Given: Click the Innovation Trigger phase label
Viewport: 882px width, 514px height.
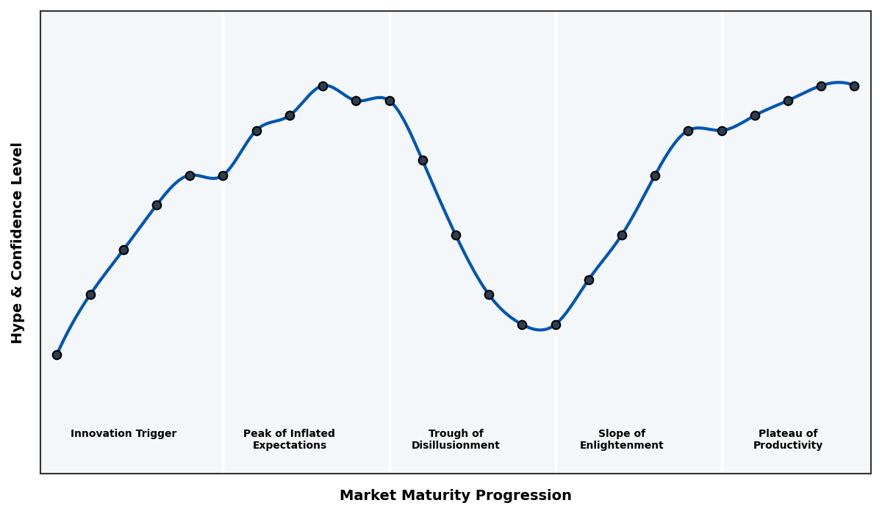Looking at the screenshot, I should click(123, 434).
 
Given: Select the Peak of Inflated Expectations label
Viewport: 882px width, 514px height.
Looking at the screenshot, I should click(289, 440).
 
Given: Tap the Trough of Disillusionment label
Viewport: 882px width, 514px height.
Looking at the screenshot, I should click(455, 440).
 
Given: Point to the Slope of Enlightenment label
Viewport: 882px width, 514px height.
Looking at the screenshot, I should click(621, 440).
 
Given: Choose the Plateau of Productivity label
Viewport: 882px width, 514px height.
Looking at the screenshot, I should click(787, 440).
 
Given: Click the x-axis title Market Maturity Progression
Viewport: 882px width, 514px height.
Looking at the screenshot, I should click(455, 496).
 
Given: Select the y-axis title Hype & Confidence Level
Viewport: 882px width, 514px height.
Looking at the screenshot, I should click(18, 242).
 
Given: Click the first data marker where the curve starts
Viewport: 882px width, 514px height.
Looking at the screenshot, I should click(57, 355).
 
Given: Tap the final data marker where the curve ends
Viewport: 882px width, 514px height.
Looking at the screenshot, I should click(854, 86).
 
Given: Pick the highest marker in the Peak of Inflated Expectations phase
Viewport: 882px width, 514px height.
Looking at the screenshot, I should click(323, 86).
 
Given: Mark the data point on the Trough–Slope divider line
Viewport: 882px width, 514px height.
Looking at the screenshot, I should click(556, 325).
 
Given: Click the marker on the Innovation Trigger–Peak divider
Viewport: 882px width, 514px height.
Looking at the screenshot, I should click(223, 175).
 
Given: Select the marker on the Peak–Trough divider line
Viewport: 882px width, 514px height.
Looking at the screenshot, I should click(390, 101).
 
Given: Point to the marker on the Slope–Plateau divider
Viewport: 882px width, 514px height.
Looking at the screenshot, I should click(722, 131).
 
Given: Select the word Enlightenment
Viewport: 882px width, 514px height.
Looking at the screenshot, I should click(621, 446).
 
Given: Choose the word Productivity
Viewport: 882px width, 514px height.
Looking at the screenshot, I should click(787, 446).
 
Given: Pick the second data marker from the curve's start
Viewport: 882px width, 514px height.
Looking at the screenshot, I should click(90, 294).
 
